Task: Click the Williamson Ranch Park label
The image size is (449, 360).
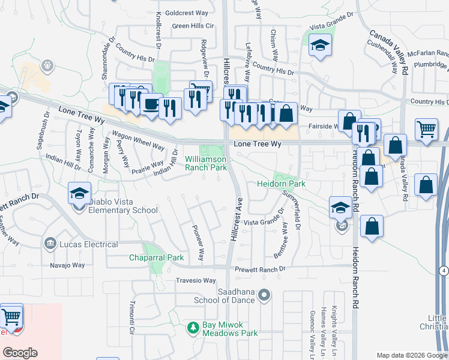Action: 206,163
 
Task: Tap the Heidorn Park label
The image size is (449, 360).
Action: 282,184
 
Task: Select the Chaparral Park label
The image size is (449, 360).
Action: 156,257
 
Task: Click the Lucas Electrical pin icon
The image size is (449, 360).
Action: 50,244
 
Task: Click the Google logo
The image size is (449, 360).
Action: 20,353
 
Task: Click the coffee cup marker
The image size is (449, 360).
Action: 151,104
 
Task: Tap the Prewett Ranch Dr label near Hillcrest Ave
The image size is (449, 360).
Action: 260,269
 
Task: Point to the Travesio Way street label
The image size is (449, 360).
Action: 195,280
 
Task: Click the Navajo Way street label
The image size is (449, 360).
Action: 68,265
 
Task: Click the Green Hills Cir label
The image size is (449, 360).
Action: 193,26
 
